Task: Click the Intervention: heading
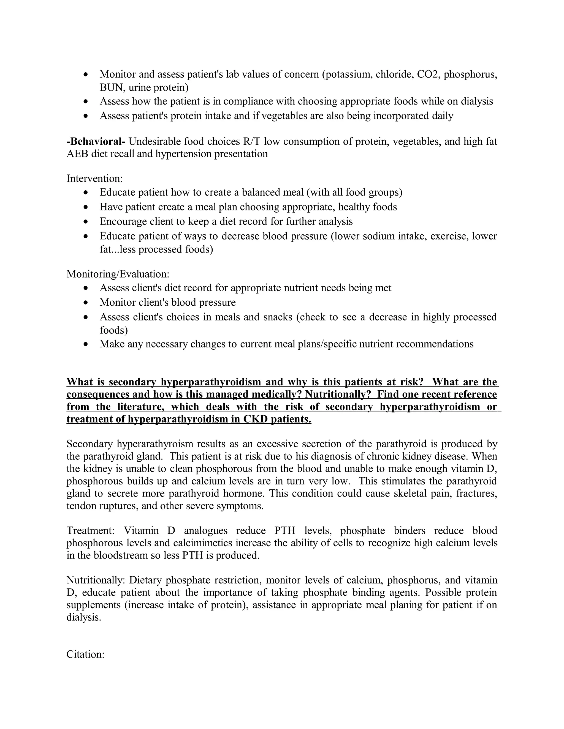[94, 179]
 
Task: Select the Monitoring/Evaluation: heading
[118, 274]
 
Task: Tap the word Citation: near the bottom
[86, 654]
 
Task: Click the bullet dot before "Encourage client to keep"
[86, 222]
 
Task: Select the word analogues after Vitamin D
[205, 530]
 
